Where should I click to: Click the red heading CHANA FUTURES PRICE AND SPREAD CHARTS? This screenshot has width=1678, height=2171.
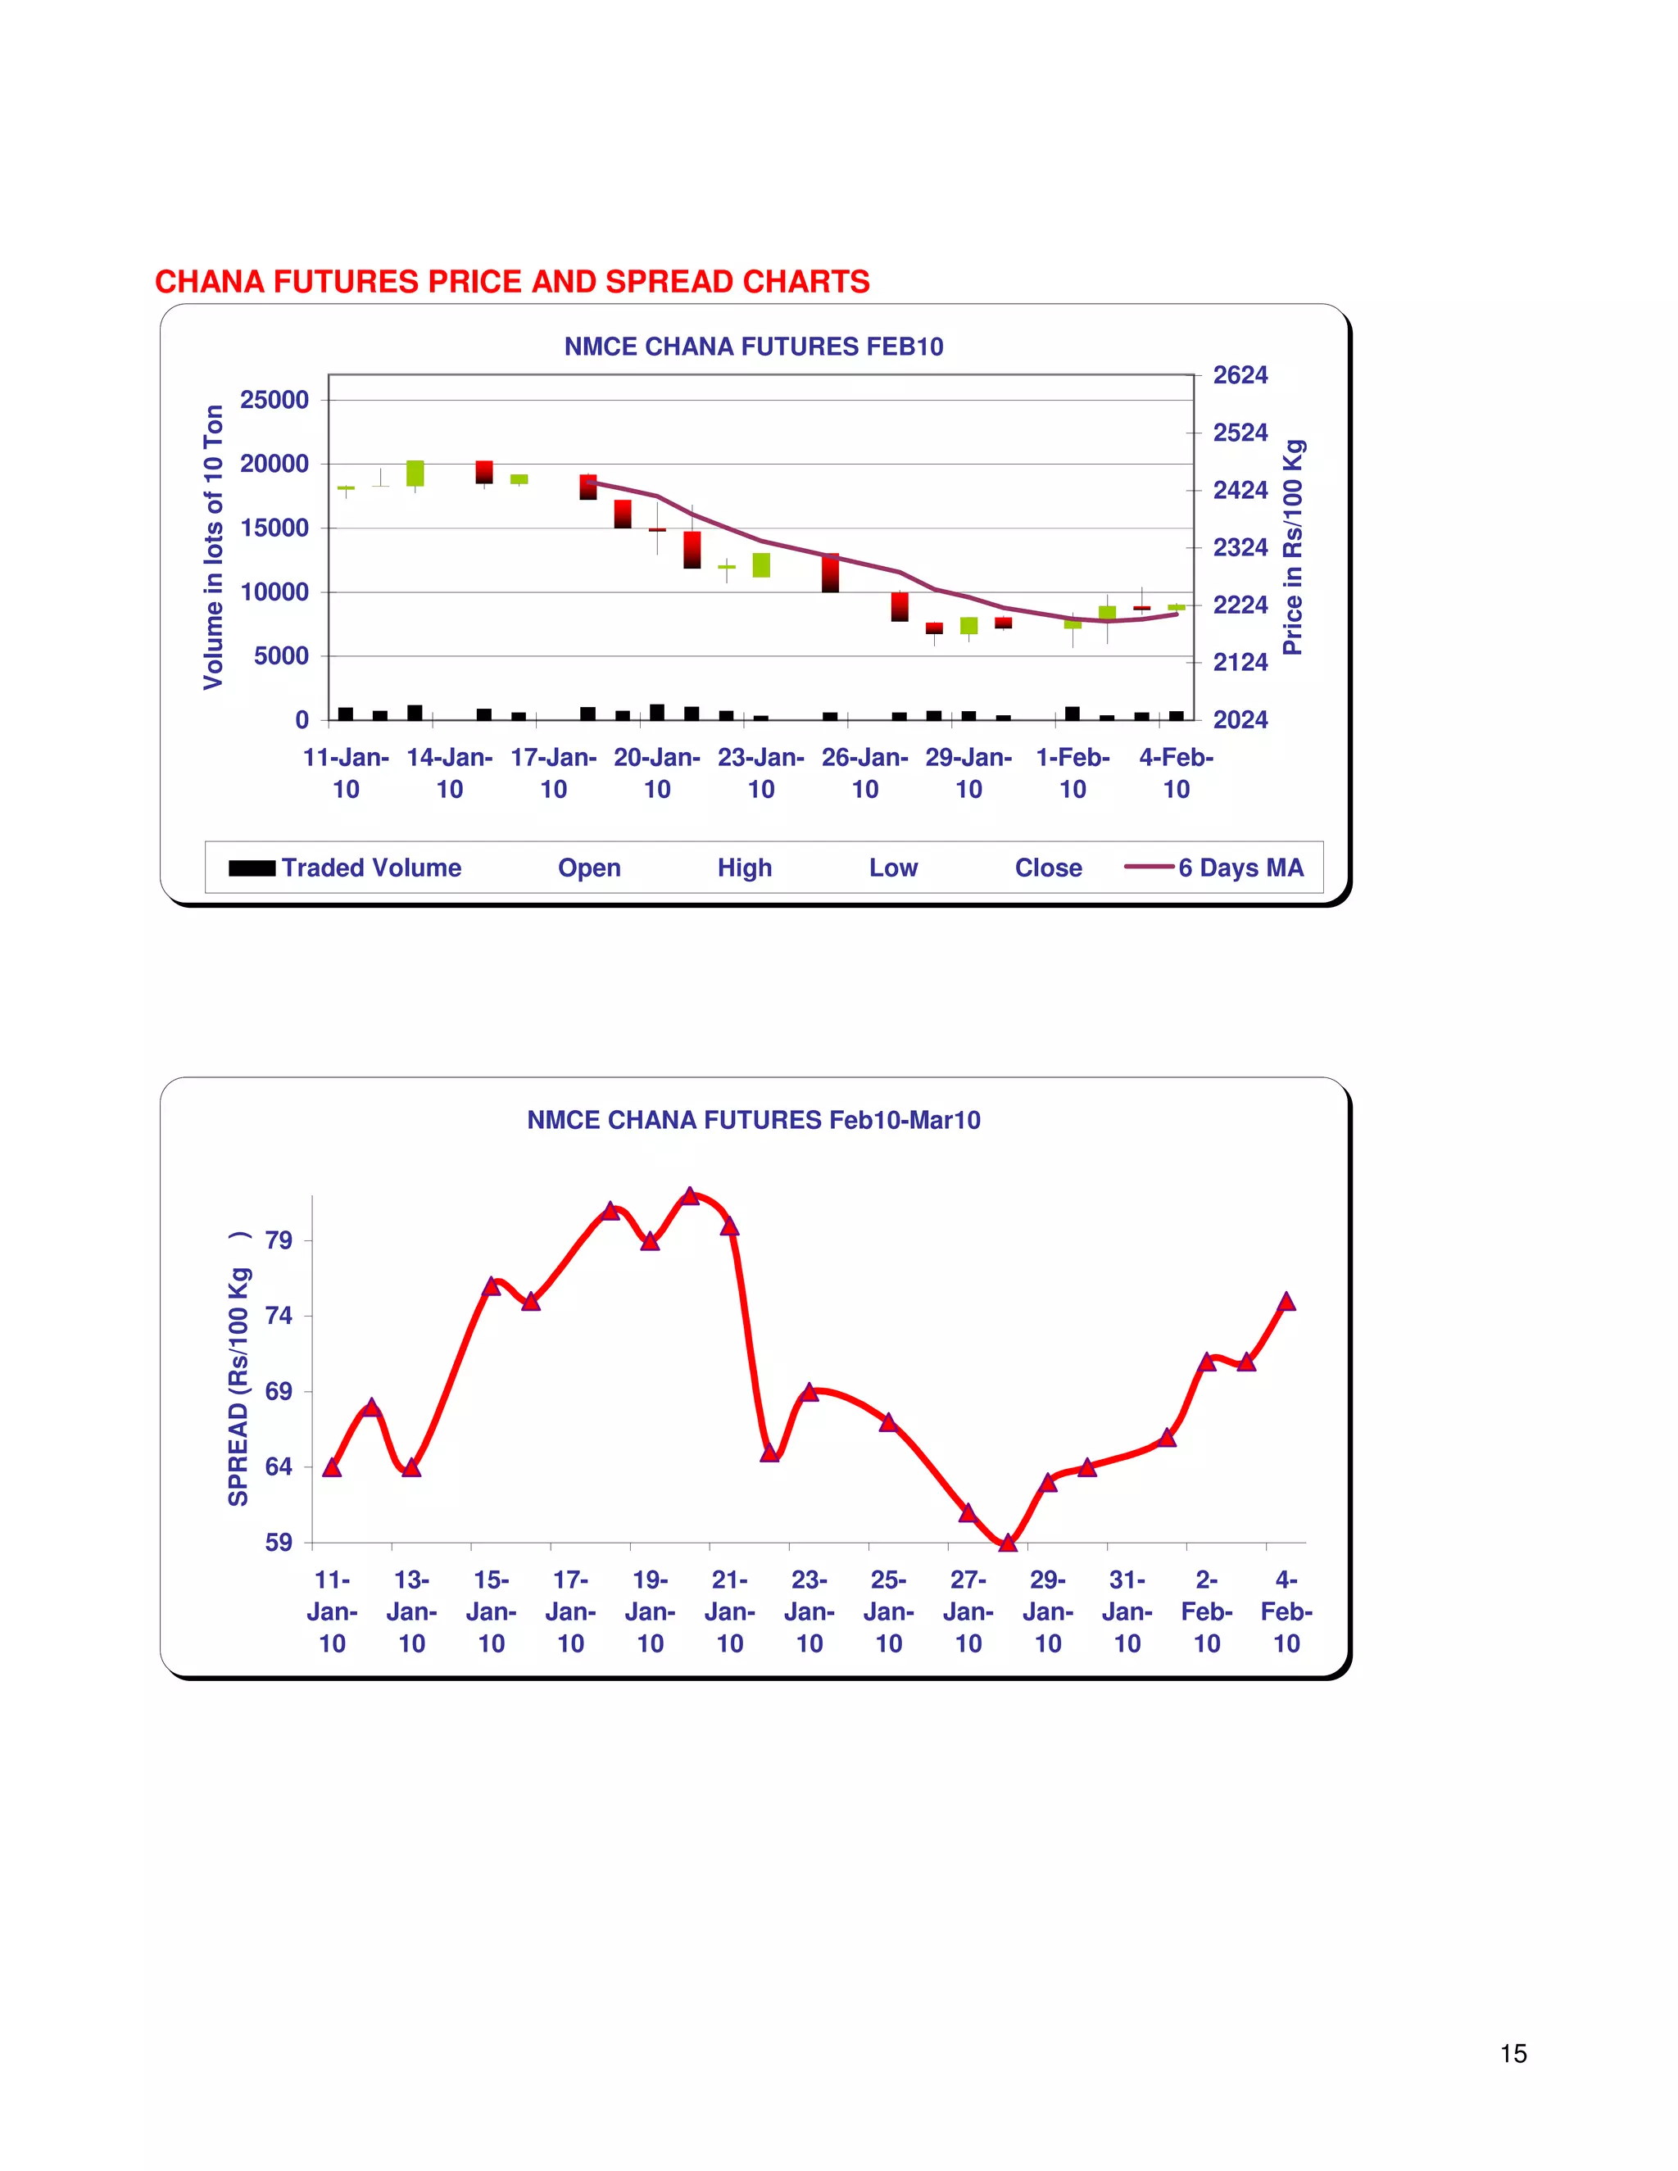pyautogui.click(x=512, y=283)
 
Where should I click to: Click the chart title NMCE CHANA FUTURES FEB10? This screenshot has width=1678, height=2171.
pyautogui.click(x=754, y=347)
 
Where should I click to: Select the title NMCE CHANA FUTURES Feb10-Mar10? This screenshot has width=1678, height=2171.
pyautogui.click(x=754, y=1120)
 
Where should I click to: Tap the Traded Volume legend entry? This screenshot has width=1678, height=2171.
pyautogui.click(x=345, y=868)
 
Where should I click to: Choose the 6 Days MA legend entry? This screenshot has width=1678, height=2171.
pyautogui.click(x=1215, y=868)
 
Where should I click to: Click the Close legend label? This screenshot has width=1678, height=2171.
pyautogui.click(x=1048, y=868)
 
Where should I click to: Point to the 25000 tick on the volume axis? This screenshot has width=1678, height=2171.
pyautogui.click(x=274, y=400)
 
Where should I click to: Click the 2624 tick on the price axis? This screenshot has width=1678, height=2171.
pyautogui.click(x=1240, y=376)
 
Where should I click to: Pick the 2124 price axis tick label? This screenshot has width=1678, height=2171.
pyautogui.click(x=1240, y=662)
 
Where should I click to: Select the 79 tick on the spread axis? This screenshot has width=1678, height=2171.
pyautogui.click(x=279, y=1240)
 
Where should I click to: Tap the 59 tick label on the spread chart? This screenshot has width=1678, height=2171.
pyautogui.click(x=279, y=1543)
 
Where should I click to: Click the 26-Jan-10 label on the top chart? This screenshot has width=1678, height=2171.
pyautogui.click(x=865, y=773)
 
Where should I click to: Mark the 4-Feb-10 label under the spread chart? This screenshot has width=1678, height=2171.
pyautogui.click(x=1286, y=1611)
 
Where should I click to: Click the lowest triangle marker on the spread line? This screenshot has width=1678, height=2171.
pyautogui.click(x=1008, y=1543)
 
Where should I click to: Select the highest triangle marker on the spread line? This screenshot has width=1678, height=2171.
pyautogui.click(x=690, y=1196)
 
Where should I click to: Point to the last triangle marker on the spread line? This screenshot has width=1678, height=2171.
pyautogui.click(x=1286, y=1303)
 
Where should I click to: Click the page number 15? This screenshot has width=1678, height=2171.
pyautogui.click(x=1513, y=2054)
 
